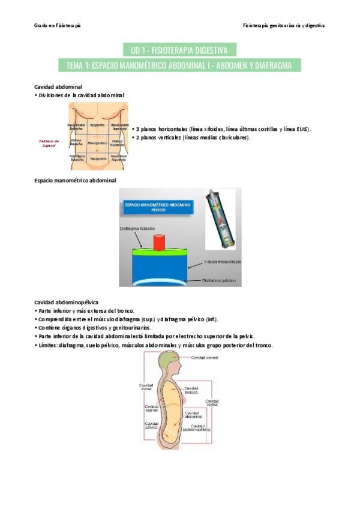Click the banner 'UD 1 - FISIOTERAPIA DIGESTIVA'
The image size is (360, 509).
pyautogui.click(x=179, y=49)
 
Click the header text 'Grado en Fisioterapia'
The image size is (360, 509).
pyautogui.click(x=58, y=26)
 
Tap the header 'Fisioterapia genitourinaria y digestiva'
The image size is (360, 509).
pyautogui.click(x=284, y=26)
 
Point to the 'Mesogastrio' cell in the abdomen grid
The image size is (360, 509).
pyautogui.click(x=96, y=143)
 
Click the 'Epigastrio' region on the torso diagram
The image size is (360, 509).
pyautogui.click(x=96, y=125)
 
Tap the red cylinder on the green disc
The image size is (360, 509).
pyautogui.click(x=160, y=242)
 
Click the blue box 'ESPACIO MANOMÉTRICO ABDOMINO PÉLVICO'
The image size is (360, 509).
pyautogui.click(x=157, y=207)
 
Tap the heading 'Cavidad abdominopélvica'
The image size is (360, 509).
pyautogui.click(x=67, y=302)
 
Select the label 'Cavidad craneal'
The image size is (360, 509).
pyautogui.click(x=205, y=358)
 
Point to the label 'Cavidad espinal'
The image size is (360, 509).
pyautogui.click(x=151, y=409)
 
